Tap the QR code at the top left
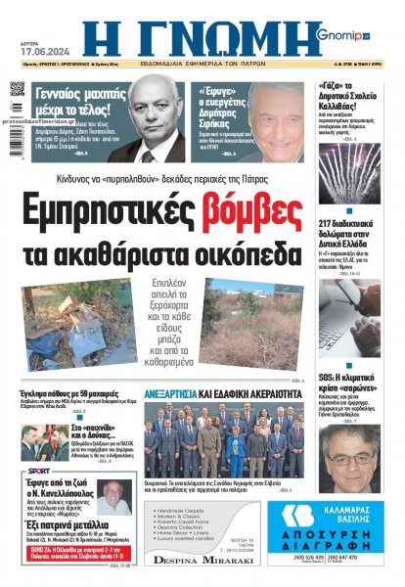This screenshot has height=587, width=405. pyautogui.click(x=18, y=89)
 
